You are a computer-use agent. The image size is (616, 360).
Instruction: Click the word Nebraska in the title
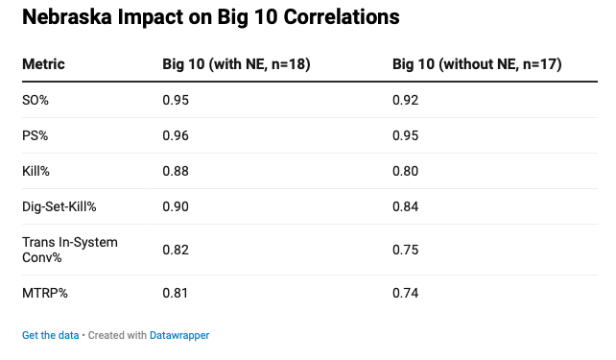[67, 17]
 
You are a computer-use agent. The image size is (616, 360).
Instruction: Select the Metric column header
[43, 64]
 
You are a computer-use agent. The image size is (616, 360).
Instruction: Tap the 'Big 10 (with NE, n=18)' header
[236, 64]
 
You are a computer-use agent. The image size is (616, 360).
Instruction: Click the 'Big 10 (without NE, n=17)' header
[477, 64]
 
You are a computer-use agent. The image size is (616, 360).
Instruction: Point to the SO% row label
[36, 100]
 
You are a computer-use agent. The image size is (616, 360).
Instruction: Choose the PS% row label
[35, 135]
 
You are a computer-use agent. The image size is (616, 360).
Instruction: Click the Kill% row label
[36, 171]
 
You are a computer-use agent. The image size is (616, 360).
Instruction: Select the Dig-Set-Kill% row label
[59, 206]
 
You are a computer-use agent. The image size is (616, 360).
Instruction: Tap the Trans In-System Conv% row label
[70, 250]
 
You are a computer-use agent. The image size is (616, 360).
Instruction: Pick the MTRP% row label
[45, 293]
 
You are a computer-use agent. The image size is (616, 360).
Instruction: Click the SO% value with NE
[176, 100]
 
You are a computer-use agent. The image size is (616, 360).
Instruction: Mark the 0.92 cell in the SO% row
[406, 100]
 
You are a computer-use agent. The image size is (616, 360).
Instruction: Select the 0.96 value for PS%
[176, 135]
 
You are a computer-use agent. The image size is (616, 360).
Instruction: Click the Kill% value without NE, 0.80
[406, 171]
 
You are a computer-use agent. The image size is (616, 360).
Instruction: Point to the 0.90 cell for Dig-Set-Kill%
[176, 206]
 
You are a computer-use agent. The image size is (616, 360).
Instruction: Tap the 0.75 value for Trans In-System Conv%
[406, 250]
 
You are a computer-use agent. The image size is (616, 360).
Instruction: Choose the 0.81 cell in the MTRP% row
[176, 293]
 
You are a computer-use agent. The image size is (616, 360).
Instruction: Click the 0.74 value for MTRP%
[406, 293]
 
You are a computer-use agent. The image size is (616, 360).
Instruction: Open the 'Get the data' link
[50, 335]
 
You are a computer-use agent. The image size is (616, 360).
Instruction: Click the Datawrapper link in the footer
[179, 335]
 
